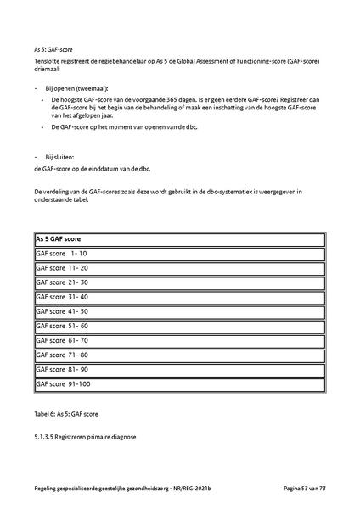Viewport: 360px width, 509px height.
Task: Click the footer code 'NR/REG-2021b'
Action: pos(205,490)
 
